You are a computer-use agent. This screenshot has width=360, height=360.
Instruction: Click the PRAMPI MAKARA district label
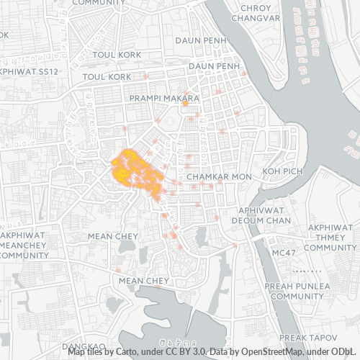point(164,97)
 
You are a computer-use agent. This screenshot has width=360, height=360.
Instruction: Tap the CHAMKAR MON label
point(218,176)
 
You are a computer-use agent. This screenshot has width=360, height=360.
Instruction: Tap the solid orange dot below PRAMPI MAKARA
point(185,104)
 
